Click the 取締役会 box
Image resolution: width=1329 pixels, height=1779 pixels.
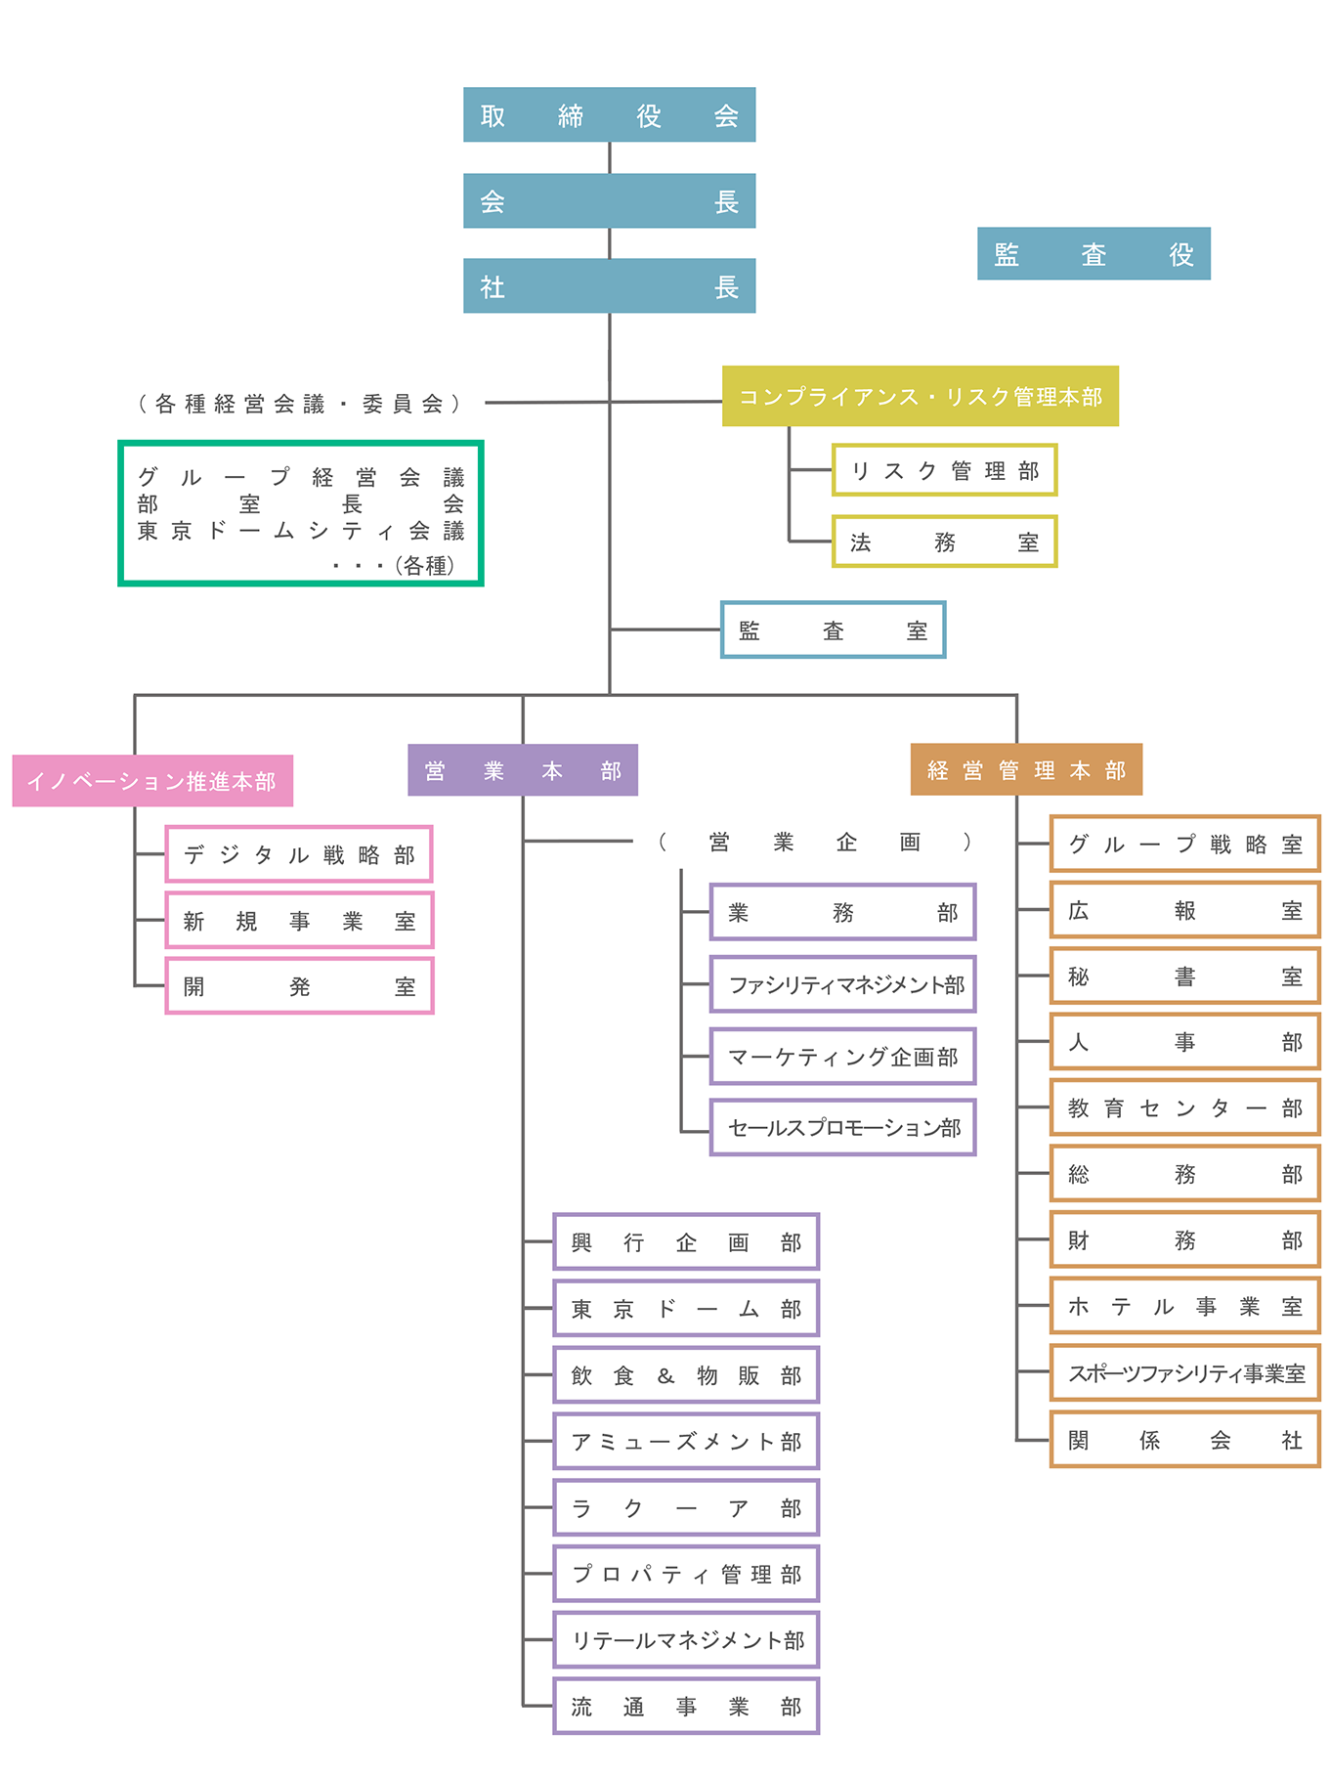[609, 114]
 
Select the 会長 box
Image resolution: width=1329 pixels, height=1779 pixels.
[609, 200]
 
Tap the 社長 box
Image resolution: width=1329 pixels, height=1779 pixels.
[609, 285]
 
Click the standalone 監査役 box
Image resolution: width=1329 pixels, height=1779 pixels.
[1093, 253]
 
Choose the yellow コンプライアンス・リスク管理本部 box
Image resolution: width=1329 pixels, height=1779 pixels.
[920, 396]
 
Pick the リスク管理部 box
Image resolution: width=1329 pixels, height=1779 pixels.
[944, 470]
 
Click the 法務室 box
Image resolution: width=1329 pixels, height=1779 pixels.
[944, 542]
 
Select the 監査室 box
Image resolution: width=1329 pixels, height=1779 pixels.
[833, 629]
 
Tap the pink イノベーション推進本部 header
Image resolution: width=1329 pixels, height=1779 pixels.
[152, 780]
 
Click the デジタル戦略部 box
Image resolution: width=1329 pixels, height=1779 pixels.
[299, 854]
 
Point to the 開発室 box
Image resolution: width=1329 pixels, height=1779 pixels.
[299, 986]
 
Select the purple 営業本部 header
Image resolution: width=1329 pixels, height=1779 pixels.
[523, 770]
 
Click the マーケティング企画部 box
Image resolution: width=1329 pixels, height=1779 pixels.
[842, 1056]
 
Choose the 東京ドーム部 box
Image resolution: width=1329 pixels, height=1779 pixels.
[686, 1308]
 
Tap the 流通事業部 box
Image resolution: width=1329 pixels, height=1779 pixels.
[686, 1706]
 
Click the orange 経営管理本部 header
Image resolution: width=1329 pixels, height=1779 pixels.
[1026, 769]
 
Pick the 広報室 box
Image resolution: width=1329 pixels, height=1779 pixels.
[1185, 910]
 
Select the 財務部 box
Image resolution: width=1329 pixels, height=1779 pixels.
[1185, 1239]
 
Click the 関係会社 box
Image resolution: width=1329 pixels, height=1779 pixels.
[1185, 1439]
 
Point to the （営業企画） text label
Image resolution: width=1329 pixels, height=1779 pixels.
[815, 842]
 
